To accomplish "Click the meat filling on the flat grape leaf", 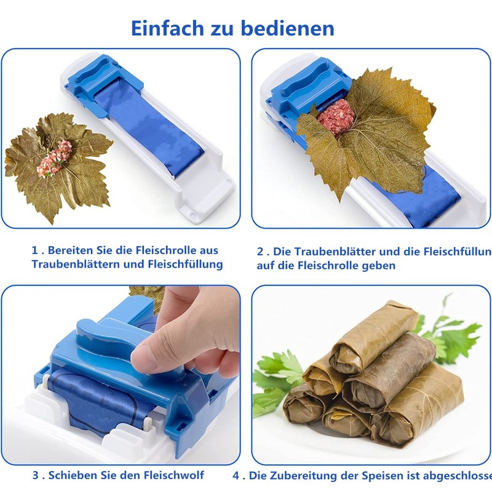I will (x=55, y=158).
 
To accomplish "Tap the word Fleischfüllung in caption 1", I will (x=184, y=264).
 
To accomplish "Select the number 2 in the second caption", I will (x=260, y=252).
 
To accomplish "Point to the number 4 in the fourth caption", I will (x=237, y=475).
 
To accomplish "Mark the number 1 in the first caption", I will (x=35, y=251).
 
